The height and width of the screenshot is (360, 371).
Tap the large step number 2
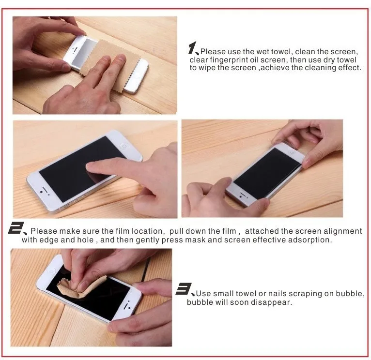tap(16, 228)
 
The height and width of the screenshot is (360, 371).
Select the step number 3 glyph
tap(184, 289)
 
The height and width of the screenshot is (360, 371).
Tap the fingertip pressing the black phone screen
tap(91, 166)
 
